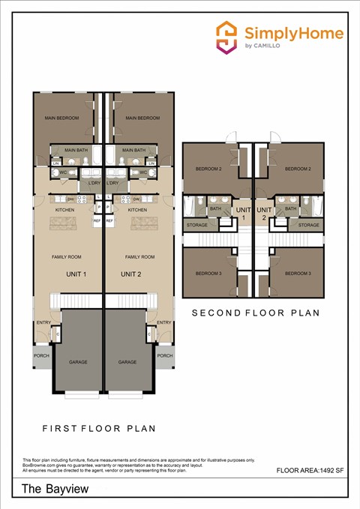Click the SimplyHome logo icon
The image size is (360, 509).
pyautogui.click(x=226, y=37)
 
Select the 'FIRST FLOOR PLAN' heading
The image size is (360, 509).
pyautogui.click(x=98, y=429)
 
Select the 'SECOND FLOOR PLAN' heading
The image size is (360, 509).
pyautogui.click(x=255, y=313)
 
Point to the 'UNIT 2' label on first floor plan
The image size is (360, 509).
pyautogui.click(x=131, y=274)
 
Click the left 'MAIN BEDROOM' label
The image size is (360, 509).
pyautogui.click(x=61, y=118)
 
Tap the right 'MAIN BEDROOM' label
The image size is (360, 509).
pyautogui.click(x=142, y=118)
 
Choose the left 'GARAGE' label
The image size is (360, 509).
pyautogui.click(x=78, y=362)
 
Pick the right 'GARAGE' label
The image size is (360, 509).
pyautogui.click(x=127, y=362)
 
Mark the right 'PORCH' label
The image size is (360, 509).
pyautogui.click(x=165, y=356)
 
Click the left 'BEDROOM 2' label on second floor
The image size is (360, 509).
pyautogui.click(x=208, y=169)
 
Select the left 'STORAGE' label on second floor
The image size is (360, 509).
pyautogui.click(x=197, y=225)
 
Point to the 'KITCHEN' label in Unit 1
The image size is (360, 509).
pyautogui.click(x=64, y=210)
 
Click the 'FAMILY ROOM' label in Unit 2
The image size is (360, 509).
pyautogui.click(x=139, y=257)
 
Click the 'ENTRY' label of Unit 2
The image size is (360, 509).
pyautogui.click(x=164, y=322)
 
